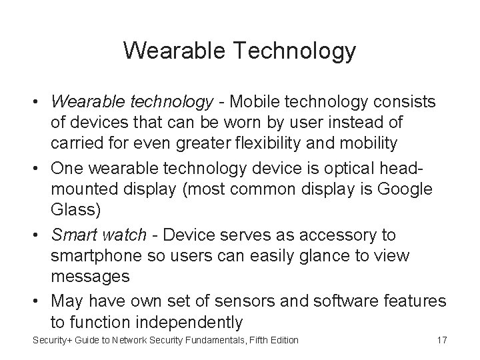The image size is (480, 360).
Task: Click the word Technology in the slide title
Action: tap(292, 51)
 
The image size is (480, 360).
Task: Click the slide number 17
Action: tap(441, 341)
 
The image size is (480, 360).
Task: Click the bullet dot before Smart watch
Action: tap(37, 235)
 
